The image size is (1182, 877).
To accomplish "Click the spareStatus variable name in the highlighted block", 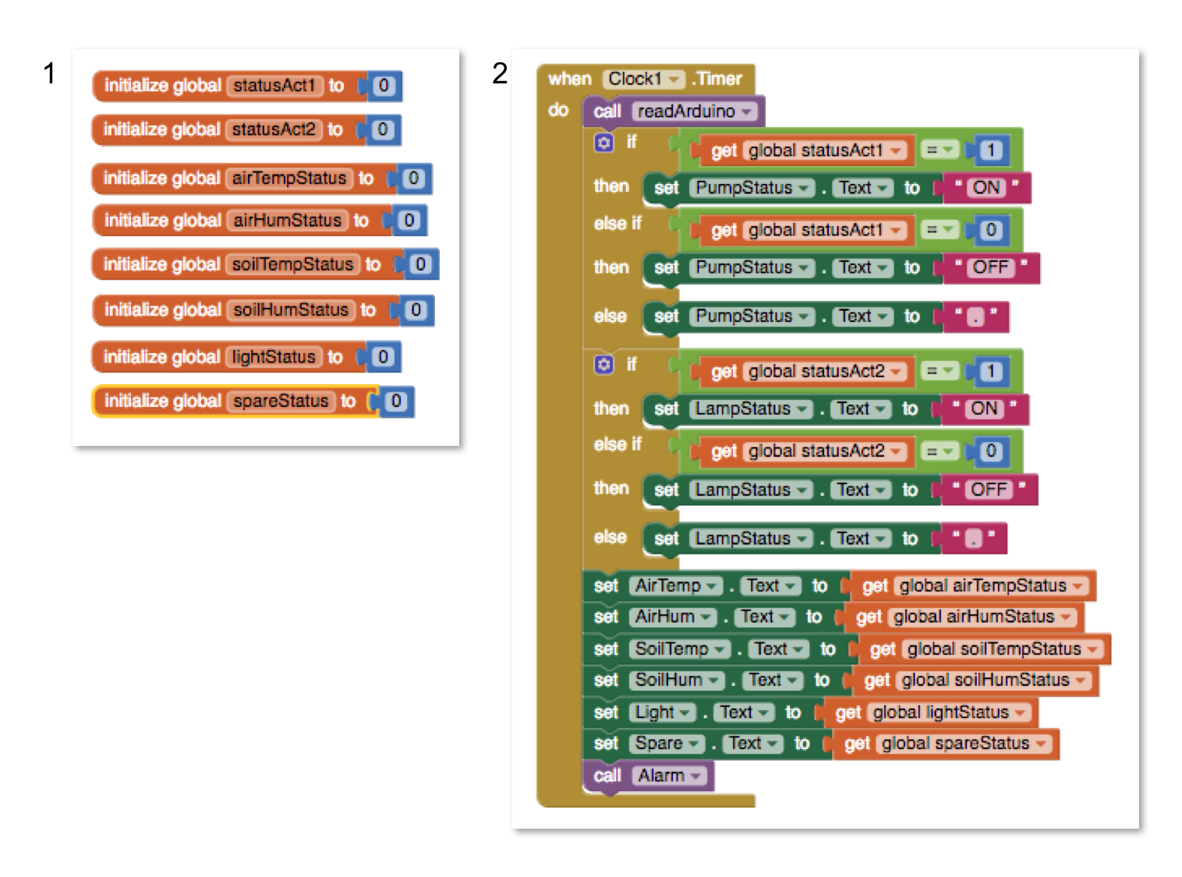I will point(281,401).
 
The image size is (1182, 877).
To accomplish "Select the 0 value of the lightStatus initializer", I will point(383,357).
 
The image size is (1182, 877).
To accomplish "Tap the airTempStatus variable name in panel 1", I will point(288,179).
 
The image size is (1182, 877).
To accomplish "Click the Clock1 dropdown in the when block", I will point(643,79).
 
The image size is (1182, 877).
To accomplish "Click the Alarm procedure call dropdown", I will point(670,776).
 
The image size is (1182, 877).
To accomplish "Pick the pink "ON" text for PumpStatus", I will point(986,188).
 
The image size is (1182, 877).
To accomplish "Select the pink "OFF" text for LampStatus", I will point(989,490).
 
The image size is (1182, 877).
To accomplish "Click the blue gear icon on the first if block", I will point(604,143).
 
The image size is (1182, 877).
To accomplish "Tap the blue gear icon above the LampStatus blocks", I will point(604,365).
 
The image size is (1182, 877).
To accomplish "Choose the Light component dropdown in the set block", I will point(663,713).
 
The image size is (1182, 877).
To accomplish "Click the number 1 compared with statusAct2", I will point(990,371).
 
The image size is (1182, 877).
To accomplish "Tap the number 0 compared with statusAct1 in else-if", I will point(990,230).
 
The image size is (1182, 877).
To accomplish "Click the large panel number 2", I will point(500,73).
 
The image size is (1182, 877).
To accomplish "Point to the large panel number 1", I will point(49,73).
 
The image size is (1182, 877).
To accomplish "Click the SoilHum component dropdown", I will point(677,681).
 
